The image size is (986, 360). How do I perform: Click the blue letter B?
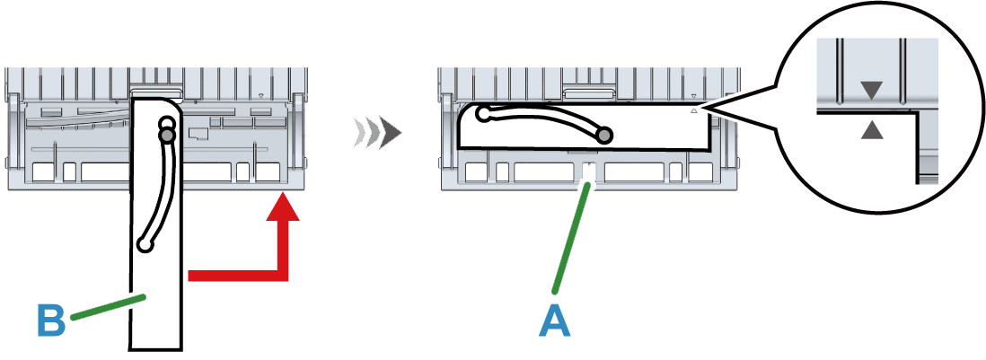(x=51, y=321)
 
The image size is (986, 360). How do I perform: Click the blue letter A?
(x=554, y=321)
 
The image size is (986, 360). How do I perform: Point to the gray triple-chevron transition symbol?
(x=376, y=133)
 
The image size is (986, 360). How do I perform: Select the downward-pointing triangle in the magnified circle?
(x=871, y=90)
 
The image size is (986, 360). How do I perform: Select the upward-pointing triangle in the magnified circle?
(x=871, y=131)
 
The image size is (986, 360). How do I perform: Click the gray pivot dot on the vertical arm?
(x=165, y=136)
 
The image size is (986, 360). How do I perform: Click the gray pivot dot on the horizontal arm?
(x=605, y=135)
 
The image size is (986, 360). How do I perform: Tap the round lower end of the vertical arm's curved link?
(x=145, y=243)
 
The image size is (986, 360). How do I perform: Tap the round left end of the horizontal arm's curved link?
(x=483, y=114)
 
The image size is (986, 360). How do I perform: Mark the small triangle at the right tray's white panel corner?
(x=693, y=112)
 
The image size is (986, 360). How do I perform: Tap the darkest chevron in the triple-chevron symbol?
(x=390, y=133)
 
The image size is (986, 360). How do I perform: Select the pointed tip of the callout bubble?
(x=706, y=109)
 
